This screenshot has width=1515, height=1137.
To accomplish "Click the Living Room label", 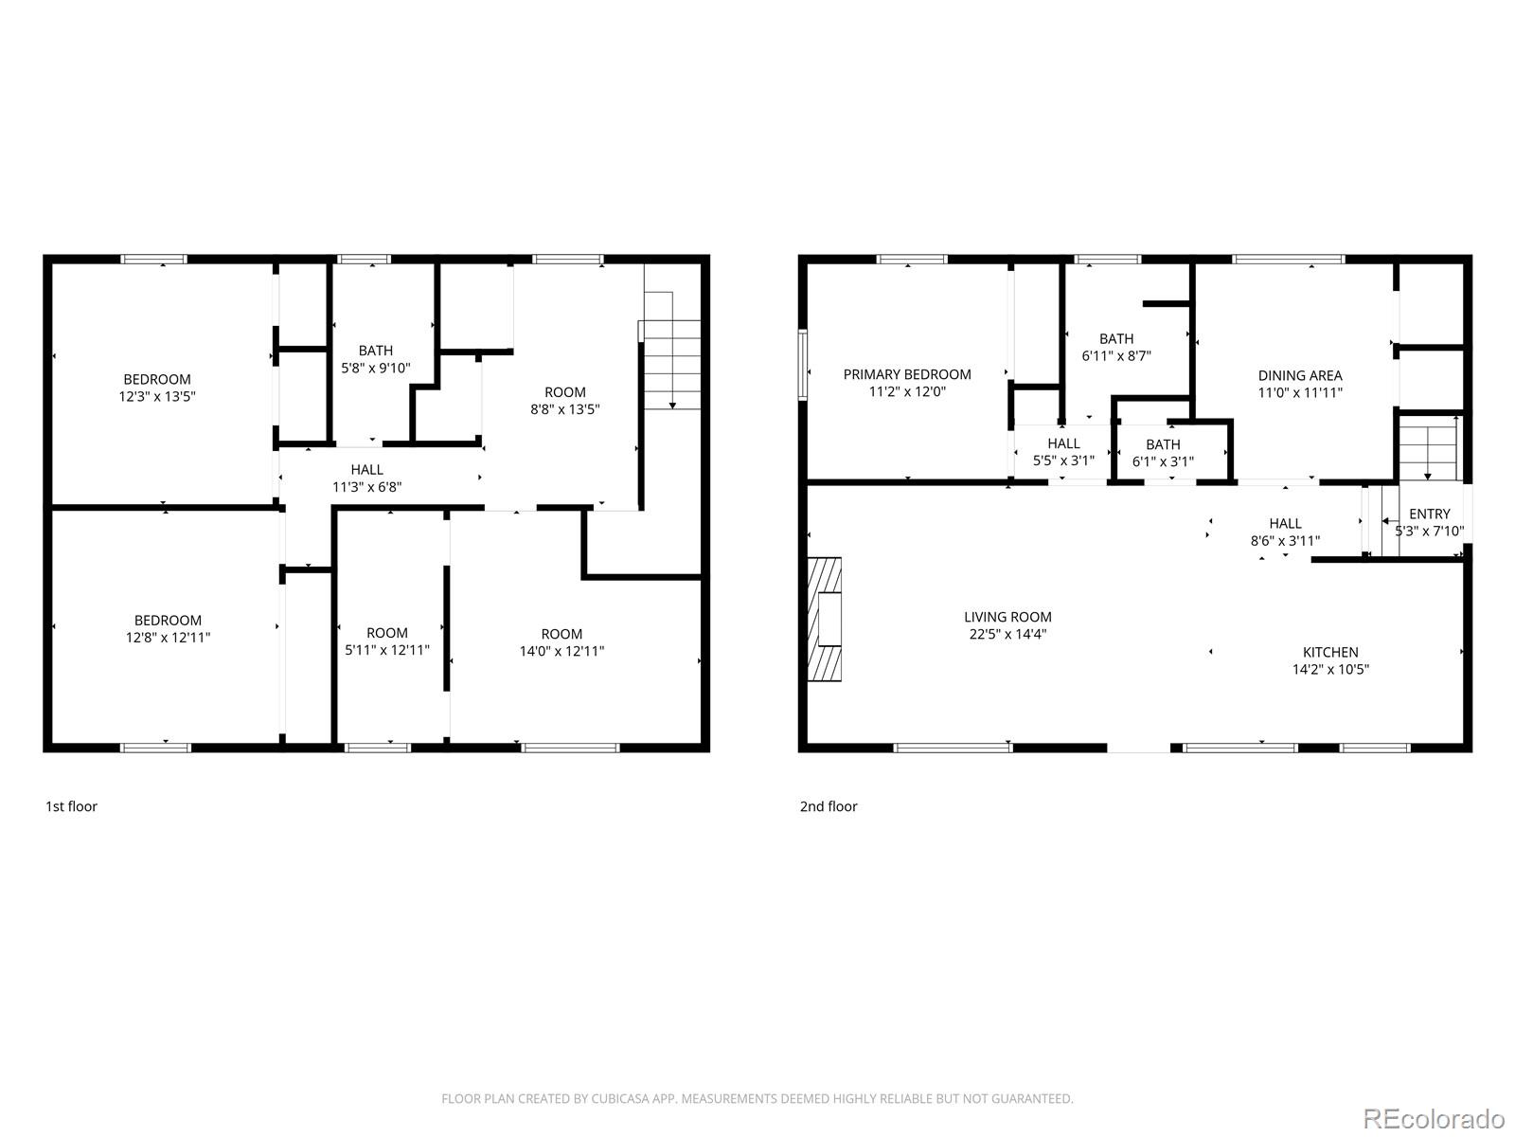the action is point(1007,617).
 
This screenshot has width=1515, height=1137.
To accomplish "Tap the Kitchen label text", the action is point(1330,652).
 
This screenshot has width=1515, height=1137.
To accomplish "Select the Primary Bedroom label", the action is point(907,374).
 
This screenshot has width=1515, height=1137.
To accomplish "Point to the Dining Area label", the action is point(1300,375).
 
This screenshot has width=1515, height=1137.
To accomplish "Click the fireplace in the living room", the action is point(825,620).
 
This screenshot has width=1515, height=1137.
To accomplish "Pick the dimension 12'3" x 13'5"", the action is point(157,396).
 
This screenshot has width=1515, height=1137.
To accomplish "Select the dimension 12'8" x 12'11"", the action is point(168,637).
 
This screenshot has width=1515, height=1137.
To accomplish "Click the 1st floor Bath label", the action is point(376,351).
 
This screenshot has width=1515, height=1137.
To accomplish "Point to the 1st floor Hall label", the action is point(366,469).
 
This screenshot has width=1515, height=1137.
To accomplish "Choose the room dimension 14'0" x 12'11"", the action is point(561,650).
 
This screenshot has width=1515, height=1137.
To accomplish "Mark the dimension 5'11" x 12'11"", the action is point(387,650).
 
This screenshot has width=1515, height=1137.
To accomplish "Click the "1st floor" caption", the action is point(72,806).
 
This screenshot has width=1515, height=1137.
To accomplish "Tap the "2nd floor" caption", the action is point(829,806).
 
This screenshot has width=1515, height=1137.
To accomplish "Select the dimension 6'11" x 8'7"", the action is point(1116,355).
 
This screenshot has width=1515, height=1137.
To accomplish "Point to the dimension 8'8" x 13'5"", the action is point(564,408).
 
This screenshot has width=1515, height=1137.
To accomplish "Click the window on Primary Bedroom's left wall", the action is point(803,365).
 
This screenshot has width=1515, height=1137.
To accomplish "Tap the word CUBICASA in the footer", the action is point(616,1098).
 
